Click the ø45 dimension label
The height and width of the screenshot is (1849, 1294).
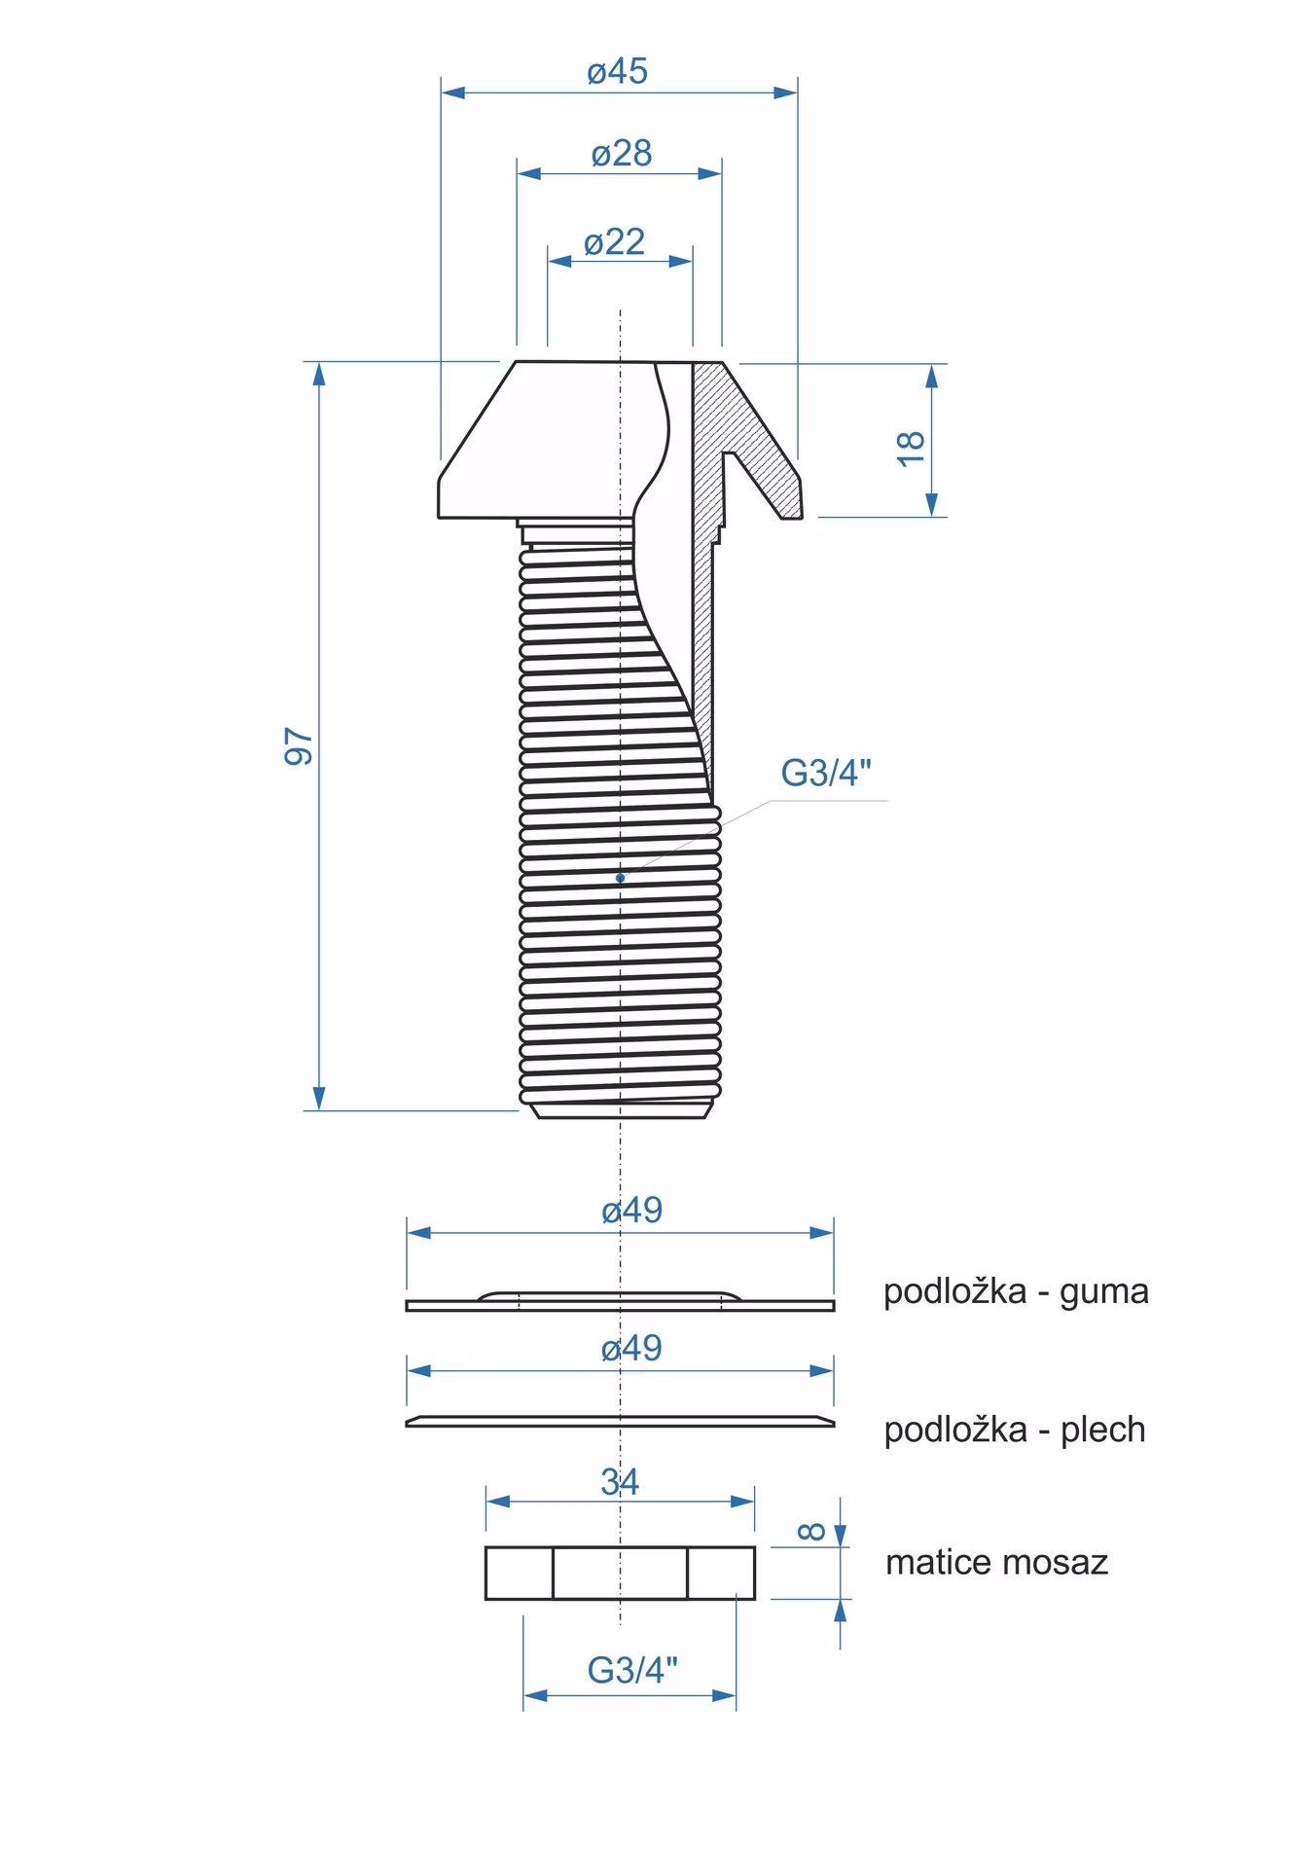pos(618,71)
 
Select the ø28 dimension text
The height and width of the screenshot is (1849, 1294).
pos(622,153)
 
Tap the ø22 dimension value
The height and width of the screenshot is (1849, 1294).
pos(614,241)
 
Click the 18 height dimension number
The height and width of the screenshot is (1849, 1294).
pos(911,447)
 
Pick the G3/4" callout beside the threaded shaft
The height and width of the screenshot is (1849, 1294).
pos(826,774)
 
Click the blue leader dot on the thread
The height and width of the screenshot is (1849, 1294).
pos(620,878)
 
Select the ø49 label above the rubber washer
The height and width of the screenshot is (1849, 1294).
pos(631,1211)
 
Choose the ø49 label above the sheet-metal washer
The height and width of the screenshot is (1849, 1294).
pos(631,1349)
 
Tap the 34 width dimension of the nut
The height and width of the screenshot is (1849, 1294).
pos(620,1482)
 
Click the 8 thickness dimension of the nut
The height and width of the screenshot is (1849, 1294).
pos(812,1533)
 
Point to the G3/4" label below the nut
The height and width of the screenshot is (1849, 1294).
pos(632,1671)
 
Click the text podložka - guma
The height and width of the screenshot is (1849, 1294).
pos(1016,1292)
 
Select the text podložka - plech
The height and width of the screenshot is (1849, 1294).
pos(1015,1431)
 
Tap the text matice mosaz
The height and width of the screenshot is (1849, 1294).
pos(997,1563)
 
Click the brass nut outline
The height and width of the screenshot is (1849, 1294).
pos(621,1573)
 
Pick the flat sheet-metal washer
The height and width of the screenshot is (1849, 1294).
pos(621,1421)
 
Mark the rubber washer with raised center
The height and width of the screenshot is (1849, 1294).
pos(621,1302)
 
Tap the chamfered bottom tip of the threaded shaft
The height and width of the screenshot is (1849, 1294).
pos(621,1109)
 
